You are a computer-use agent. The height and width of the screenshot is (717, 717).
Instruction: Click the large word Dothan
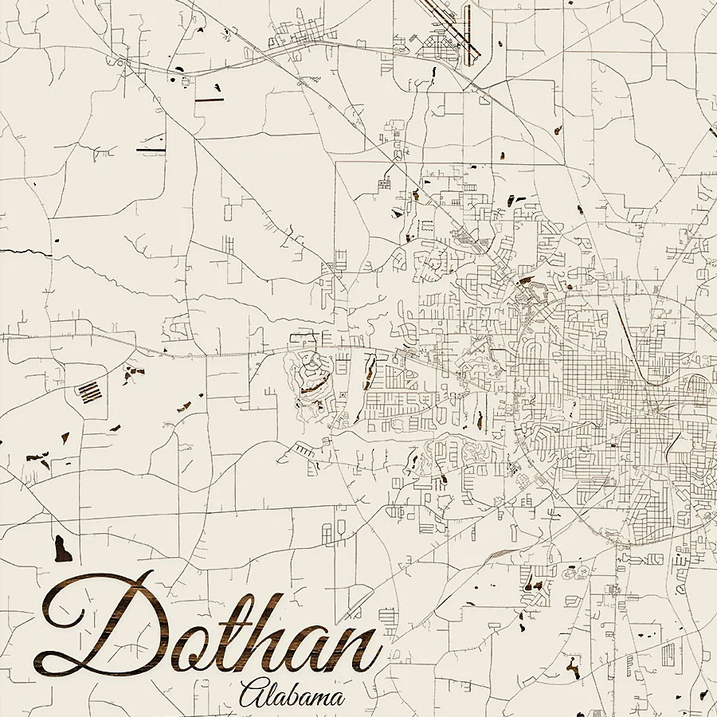[x=207, y=629]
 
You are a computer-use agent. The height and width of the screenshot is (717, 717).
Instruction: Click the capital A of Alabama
[x=253, y=693]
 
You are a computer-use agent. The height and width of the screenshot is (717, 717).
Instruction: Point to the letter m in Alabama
[x=320, y=699]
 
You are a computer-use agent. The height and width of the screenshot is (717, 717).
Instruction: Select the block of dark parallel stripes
[x=90, y=391]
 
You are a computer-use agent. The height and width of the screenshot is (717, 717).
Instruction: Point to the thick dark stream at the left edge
[x=24, y=253]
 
